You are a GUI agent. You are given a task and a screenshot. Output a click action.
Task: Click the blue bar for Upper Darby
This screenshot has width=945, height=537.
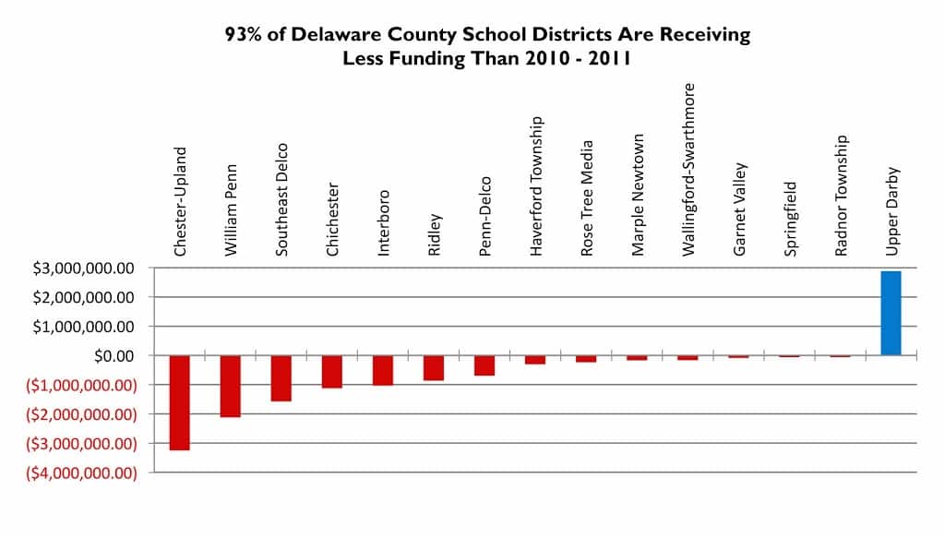click(x=890, y=313)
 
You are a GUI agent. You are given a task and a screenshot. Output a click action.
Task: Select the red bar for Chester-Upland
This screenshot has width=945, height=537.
click(x=179, y=402)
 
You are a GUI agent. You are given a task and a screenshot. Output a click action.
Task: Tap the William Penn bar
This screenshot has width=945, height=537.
click(x=230, y=386)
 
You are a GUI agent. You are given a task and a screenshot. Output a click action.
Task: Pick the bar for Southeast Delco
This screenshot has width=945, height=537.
click(x=281, y=378)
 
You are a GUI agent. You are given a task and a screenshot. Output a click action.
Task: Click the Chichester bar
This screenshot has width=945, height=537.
click(x=331, y=371)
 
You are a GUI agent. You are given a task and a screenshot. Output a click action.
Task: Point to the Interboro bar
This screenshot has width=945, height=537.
click(x=382, y=370)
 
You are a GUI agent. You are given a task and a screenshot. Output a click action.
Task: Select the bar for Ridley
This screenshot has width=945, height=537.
click(x=433, y=367)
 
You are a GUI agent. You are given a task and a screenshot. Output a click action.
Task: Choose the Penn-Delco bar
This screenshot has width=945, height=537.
click(x=484, y=365)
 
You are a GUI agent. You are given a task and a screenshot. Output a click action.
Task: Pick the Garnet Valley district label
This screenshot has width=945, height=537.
click(x=738, y=209)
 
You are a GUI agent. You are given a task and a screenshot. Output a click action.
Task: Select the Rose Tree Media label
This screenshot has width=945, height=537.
click(x=586, y=197)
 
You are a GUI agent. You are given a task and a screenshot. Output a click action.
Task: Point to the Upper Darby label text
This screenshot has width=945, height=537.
click(x=891, y=210)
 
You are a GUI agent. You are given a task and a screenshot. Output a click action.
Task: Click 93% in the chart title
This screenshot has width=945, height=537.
click(x=245, y=36)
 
